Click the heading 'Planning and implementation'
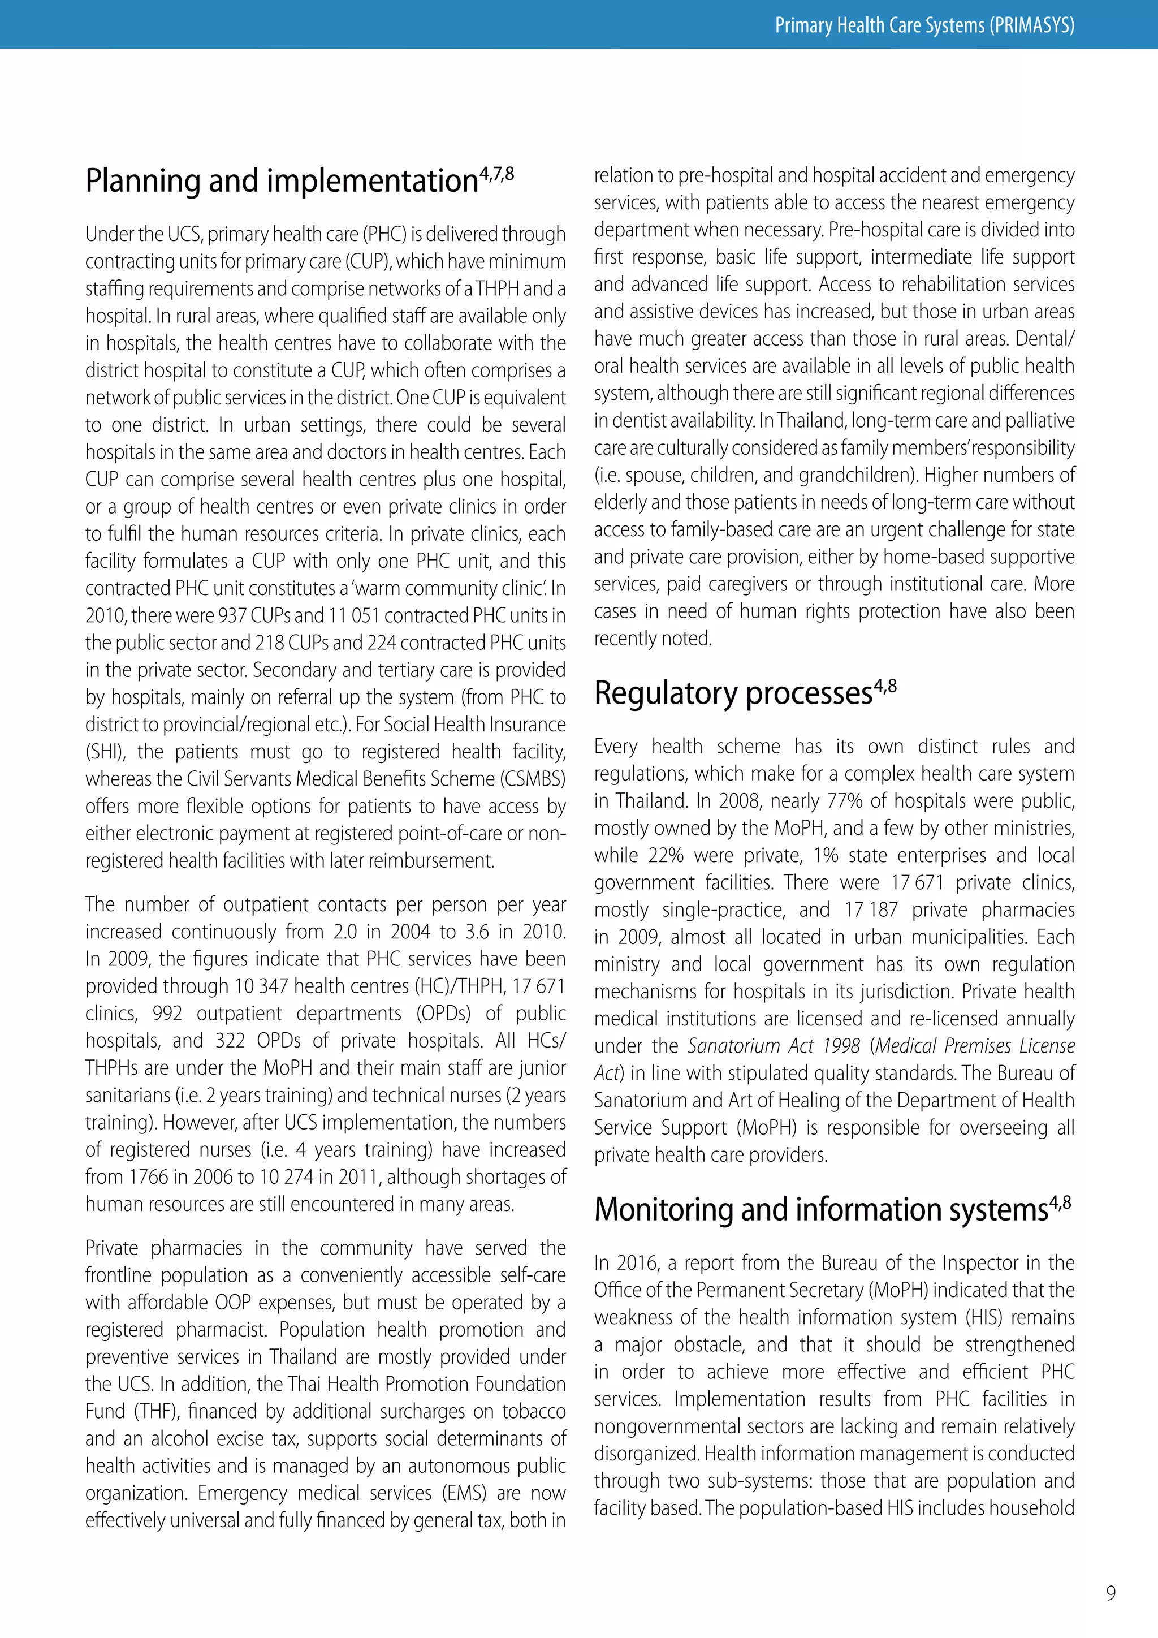point(281,181)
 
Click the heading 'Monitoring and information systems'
point(821,1210)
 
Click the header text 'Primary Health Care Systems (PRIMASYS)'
point(924,25)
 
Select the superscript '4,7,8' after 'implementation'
point(496,174)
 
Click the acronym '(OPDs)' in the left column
point(439,1014)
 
